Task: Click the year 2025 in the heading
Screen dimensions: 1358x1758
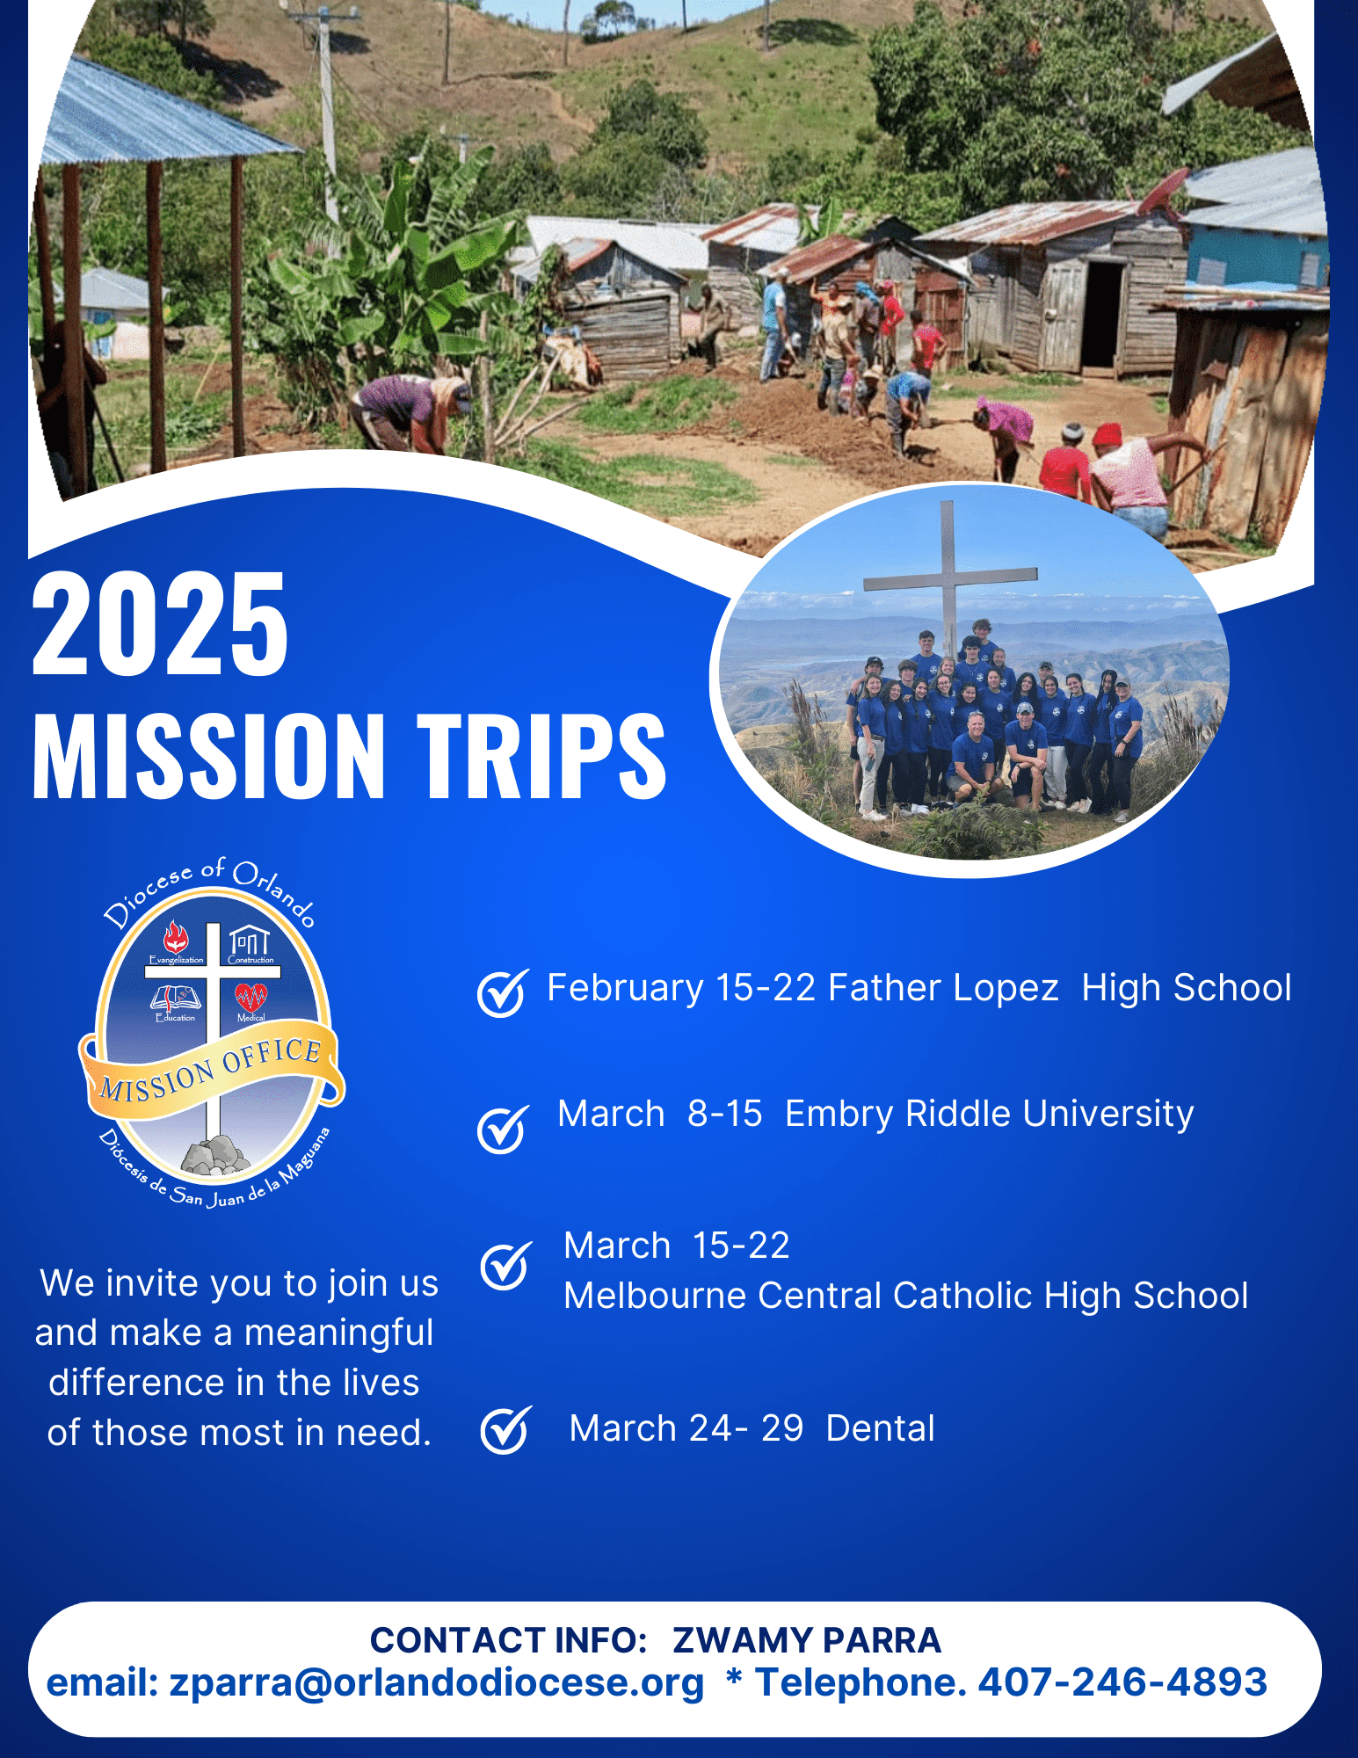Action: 160,623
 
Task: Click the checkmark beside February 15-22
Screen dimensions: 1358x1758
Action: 504,992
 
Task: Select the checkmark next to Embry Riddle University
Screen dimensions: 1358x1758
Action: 504,1129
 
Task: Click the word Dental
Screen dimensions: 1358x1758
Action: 881,1428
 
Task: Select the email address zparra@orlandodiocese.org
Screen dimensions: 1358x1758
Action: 437,1683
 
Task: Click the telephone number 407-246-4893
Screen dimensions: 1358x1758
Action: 1122,1682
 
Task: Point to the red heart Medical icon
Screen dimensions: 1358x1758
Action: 251,998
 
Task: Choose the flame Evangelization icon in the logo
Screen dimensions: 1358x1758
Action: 176,937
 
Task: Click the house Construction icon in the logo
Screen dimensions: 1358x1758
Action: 250,941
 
